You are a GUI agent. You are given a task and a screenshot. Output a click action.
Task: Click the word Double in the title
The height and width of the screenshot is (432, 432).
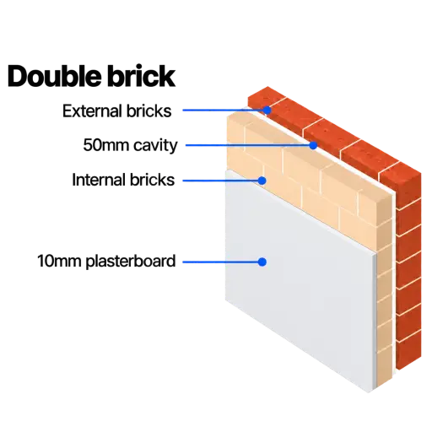point(54,76)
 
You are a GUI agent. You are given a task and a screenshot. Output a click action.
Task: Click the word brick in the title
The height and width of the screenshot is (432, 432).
point(141,76)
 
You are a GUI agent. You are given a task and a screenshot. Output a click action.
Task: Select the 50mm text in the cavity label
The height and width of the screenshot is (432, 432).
point(105,145)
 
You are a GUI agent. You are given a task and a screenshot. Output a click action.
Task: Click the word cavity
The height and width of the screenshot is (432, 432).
point(155,146)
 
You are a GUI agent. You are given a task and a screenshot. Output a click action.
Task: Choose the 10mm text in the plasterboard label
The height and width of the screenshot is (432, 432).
point(59,261)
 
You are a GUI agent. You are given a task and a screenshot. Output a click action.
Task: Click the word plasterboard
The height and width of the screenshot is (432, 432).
point(131,262)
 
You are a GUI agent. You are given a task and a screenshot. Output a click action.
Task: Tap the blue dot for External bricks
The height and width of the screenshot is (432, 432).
point(267,110)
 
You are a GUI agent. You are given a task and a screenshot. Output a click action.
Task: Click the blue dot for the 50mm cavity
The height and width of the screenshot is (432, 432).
point(313,145)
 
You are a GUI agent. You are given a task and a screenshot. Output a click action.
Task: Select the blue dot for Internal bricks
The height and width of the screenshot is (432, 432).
point(262,181)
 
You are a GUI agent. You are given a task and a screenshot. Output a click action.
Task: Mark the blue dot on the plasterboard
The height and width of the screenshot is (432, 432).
point(262,262)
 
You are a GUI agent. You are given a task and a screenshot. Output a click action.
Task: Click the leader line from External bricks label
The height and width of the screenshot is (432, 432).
point(224,110)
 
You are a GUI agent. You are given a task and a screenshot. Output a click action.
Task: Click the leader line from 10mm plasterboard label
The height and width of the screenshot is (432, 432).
point(220,262)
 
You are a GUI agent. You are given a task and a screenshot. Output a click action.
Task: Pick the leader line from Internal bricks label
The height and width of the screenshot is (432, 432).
point(220,181)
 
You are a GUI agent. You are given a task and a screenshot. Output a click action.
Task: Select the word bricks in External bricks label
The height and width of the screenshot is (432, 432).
point(148,111)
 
